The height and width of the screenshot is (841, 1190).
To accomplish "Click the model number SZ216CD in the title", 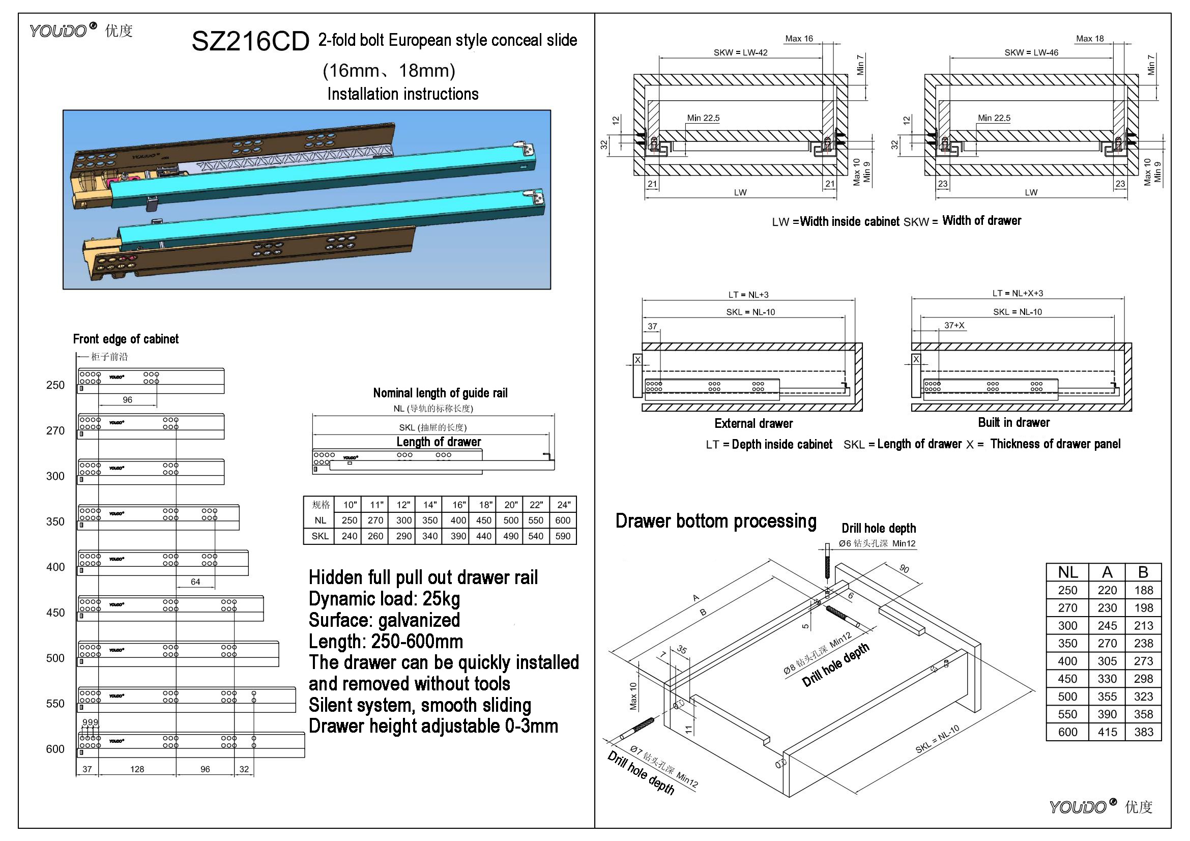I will coord(250,41).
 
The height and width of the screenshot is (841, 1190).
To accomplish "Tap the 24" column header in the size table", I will coord(563,505).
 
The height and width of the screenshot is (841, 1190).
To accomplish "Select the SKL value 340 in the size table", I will coord(430,536).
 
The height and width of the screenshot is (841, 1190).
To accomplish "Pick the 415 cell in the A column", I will coord(1107,732).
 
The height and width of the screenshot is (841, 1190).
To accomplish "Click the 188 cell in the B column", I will coord(1143,590).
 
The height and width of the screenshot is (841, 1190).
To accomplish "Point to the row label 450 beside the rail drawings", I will coord(55,613).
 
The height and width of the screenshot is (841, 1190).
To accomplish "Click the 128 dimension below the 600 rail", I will coord(137,769).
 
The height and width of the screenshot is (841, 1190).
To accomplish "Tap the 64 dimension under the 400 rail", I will coord(195,582).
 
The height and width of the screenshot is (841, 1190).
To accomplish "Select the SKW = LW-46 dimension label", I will coord(1031,52).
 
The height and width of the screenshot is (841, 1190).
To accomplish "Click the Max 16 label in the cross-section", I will coord(799,38).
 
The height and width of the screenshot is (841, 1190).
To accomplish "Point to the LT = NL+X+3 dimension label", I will coord(1018,293).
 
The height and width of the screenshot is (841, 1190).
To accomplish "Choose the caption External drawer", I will coord(753,423).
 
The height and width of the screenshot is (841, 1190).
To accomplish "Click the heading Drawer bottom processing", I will coord(716,521).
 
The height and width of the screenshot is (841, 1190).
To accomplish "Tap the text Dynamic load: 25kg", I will coord(384,599).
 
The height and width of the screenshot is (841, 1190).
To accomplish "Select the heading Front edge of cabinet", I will coord(126,339).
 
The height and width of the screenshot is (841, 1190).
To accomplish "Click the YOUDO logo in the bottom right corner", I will coord(1100,807).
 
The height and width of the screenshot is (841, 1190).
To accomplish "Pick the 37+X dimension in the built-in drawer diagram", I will coord(954,326).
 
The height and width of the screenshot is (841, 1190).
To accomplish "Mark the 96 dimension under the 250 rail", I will coord(128,400).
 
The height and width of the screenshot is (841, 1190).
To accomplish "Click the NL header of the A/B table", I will coord(1068,572).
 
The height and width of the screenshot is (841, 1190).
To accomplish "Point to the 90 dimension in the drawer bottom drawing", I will coord(904,569).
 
